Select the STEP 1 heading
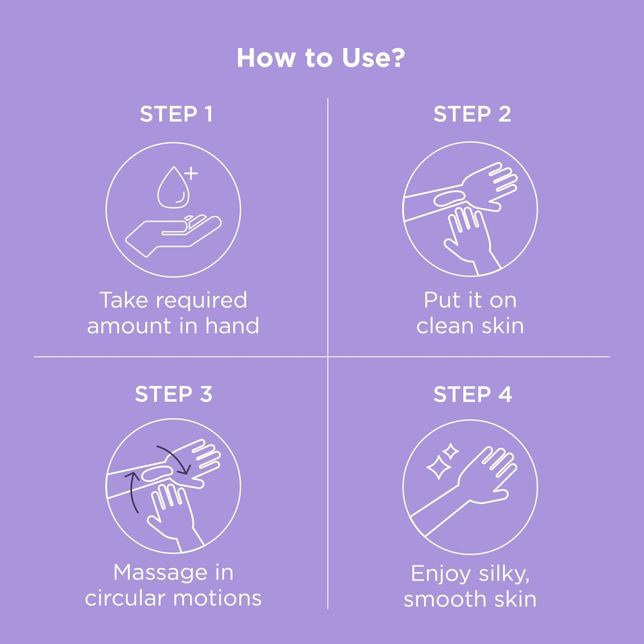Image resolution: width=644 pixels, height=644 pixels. click(176, 114)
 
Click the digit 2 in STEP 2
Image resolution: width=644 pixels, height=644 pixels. click(504, 114)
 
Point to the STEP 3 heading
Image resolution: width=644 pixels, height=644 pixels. click(173, 394)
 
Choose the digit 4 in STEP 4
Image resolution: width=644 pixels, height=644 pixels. click(505, 394)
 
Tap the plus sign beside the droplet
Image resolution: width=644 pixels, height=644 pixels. click(191, 173)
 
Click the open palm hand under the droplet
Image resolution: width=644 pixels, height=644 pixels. click(173, 236)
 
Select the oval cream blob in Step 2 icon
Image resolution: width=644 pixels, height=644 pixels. click(449, 198)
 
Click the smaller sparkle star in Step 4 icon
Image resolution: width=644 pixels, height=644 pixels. click(451, 451)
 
